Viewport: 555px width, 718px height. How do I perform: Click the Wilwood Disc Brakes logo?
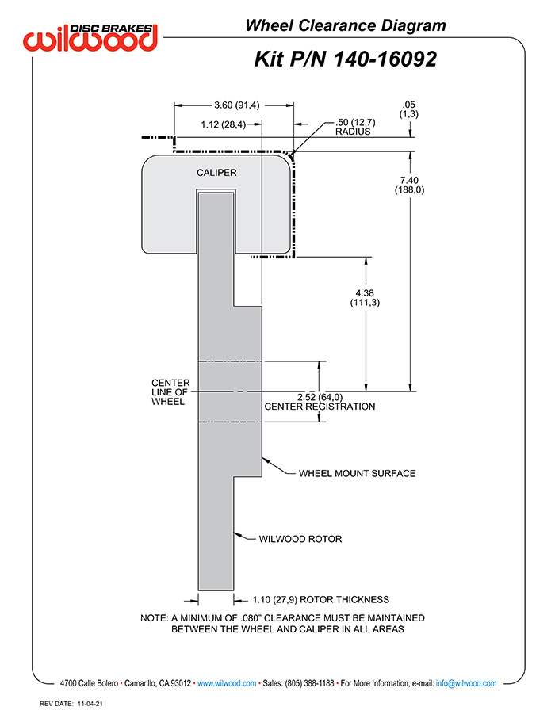(90, 37)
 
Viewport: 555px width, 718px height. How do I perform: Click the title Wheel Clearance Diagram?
(346, 25)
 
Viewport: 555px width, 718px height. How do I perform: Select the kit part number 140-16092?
(385, 59)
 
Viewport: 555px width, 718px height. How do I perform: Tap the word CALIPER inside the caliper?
(216, 173)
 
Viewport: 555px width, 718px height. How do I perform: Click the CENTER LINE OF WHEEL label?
(170, 392)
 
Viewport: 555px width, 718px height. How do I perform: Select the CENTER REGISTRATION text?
(320, 407)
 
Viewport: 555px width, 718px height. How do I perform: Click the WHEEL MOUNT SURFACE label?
(357, 473)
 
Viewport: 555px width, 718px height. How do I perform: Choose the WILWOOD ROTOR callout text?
(300, 539)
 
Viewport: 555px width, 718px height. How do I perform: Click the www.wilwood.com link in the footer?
(227, 683)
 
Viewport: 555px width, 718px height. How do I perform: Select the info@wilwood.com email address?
(466, 683)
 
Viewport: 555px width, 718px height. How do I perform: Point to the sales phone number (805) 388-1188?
(310, 683)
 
